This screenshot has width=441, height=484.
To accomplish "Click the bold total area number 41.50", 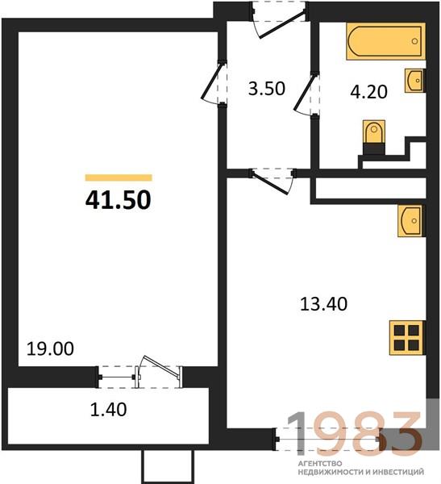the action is pos(119,200).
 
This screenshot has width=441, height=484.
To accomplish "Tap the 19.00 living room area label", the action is pos(50,348).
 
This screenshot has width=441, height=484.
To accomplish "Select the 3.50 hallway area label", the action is pos(267,88).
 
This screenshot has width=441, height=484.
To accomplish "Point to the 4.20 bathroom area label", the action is pos(368,92).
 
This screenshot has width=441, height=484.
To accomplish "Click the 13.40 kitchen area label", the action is pos(324,304).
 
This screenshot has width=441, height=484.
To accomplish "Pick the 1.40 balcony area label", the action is pos(108,410).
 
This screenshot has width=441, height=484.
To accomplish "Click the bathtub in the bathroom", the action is pos(385,41).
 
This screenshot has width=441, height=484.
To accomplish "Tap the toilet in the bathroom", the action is pos(374,137).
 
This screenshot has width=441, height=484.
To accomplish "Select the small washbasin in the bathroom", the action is pos(414,80).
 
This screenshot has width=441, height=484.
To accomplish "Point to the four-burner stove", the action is pos(407,338).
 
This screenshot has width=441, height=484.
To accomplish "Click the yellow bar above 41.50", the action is pos(119,177).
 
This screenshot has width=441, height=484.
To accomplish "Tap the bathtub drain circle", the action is pos(414,41).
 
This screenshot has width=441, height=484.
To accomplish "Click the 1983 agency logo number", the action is pos(355,434).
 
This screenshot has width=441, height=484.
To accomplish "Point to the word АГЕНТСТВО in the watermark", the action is pos(320,464).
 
